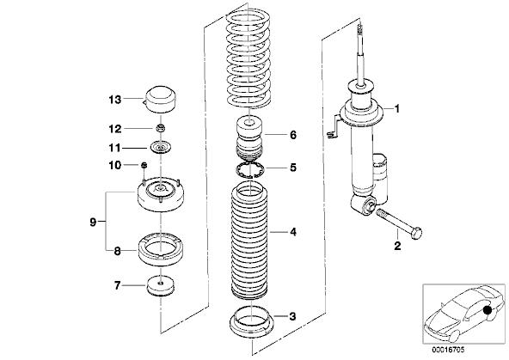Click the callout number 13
tap(114, 100)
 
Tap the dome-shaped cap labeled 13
tap(159, 100)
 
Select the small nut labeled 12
tap(161, 128)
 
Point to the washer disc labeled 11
tap(161, 148)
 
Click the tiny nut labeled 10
tap(144, 166)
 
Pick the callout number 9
tap(93, 223)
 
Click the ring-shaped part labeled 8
tap(161, 248)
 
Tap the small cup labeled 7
tap(161, 286)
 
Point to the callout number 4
tap(293, 232)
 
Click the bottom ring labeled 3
tap(252, 321)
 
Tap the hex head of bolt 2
tap(416, 233)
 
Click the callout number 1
tap(396, 108)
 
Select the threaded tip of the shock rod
tap(359, 30)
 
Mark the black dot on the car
tap(487, 310)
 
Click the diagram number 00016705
tap(448, 350)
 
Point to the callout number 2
tap(397, 246)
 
